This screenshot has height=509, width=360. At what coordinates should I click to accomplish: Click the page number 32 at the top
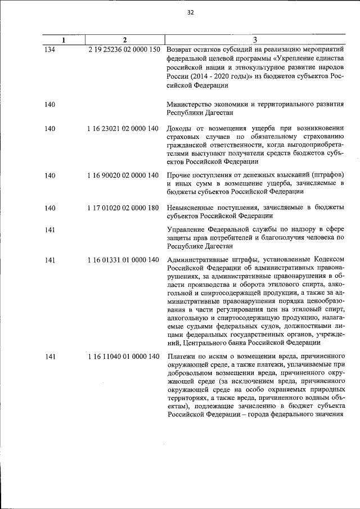(190, 13)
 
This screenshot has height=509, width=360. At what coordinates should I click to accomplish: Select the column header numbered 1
(64, 40)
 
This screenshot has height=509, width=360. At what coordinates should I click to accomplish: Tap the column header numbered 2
(124, 40)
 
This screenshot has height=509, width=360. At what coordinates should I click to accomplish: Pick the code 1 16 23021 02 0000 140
(123, 129)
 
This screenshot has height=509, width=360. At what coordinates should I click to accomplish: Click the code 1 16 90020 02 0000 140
(123, 175)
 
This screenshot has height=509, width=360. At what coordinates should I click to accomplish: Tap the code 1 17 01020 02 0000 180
(123, 208)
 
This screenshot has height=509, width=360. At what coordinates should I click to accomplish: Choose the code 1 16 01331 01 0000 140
(123, 259)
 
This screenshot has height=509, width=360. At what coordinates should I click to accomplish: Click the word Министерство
(193, 103)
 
